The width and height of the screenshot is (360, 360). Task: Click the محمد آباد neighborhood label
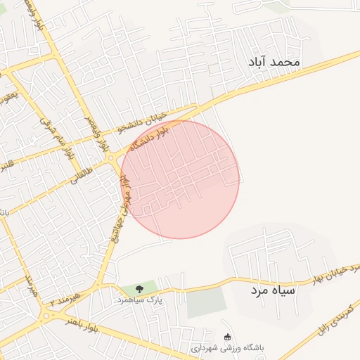click(x=274, y=63)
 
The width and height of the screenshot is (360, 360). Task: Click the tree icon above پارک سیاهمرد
click(x=139, y=288)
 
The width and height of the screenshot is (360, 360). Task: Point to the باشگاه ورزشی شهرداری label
click(x=229, y=348)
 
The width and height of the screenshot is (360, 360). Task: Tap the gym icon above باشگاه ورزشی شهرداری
click(x=226, y=337)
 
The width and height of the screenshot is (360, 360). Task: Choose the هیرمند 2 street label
click(x=63, y=302)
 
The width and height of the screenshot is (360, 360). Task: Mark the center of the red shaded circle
click(x=180, y=179)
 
